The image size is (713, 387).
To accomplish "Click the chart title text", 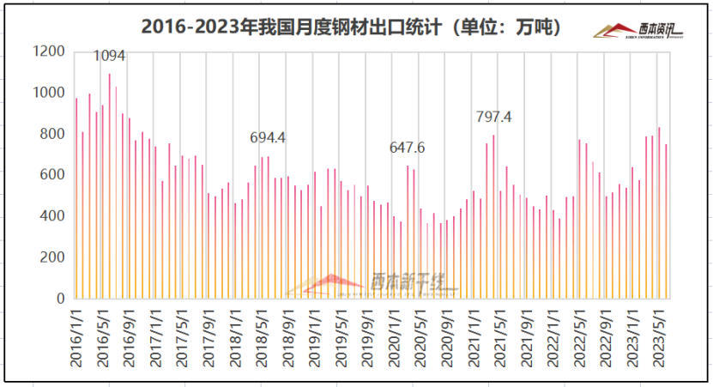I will pyautogui.click(x=352, y=27).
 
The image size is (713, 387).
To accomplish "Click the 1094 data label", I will pyautogui.click(x=109, y=56).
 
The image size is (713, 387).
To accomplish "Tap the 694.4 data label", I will pyautogui.click(x=268, y=137).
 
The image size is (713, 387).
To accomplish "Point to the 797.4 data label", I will pyautogui.click(x=493, y=117).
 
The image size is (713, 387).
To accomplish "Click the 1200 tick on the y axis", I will pyautogui.click(x=48, y=51).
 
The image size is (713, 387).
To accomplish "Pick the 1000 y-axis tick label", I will pyautogui.click(x=48, y=93).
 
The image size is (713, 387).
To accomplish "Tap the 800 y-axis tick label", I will pyautogui.click(x=51, y=134).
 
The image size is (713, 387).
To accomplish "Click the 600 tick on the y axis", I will pyautogui.click(x=51, y=175).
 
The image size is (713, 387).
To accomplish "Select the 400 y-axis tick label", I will pyautogui.click(x=51, y=216).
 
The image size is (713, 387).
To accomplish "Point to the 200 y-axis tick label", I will pyautogui.click(x=51, y=257).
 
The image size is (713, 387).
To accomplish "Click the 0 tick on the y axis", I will pyautogui.click(x=60, y=299).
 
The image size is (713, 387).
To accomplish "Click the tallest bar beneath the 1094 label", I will pyautogui.click(x=109, y=189).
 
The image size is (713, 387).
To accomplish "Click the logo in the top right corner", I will pyautogui.click(x=639, y=31).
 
